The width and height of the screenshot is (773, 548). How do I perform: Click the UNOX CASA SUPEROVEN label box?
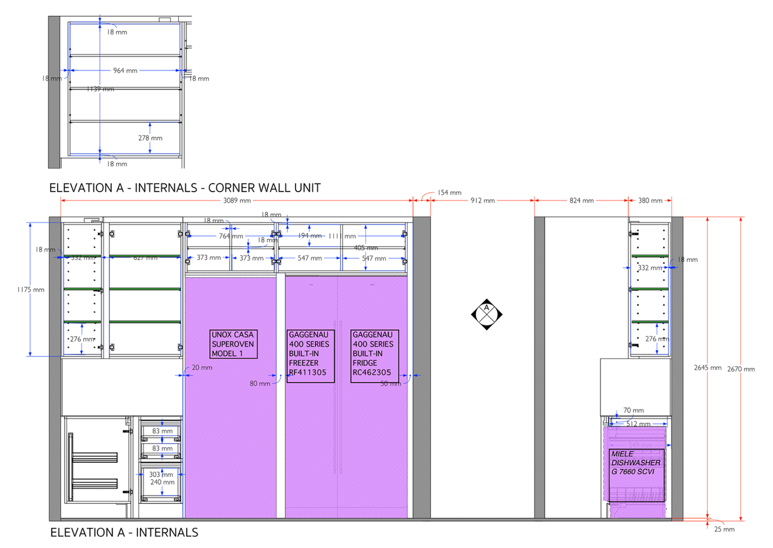coord(233,344)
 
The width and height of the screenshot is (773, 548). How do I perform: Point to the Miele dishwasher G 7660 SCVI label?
coord(636,463)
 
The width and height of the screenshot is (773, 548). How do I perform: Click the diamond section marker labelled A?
coord(487,314)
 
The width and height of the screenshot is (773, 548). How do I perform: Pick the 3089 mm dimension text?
coord(237,201)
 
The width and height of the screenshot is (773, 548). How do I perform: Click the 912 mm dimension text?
coord(482,201)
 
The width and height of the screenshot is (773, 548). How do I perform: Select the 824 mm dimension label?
coord(581,201)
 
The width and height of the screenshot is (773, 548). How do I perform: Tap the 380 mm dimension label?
coord(650,201)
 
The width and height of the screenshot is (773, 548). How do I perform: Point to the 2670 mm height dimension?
coord(741,369)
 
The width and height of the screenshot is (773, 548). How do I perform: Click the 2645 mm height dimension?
coord(707,368)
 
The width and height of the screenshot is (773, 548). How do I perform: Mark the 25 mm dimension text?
coord(724,529)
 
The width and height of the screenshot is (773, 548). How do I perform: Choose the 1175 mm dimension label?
coord(31,290)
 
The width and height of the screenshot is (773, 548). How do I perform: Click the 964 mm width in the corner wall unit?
coord(125,70)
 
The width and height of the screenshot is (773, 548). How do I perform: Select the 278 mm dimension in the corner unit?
coord(150,138)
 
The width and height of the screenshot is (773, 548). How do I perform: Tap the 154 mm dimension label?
coord(449,192)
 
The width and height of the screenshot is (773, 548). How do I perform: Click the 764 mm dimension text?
coord(231,236)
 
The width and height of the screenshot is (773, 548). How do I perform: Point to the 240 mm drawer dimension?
coord(162,482)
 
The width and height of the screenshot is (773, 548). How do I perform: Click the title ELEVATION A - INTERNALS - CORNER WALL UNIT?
coord(185,188)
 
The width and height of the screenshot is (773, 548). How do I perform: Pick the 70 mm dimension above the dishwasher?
coord(633,410)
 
